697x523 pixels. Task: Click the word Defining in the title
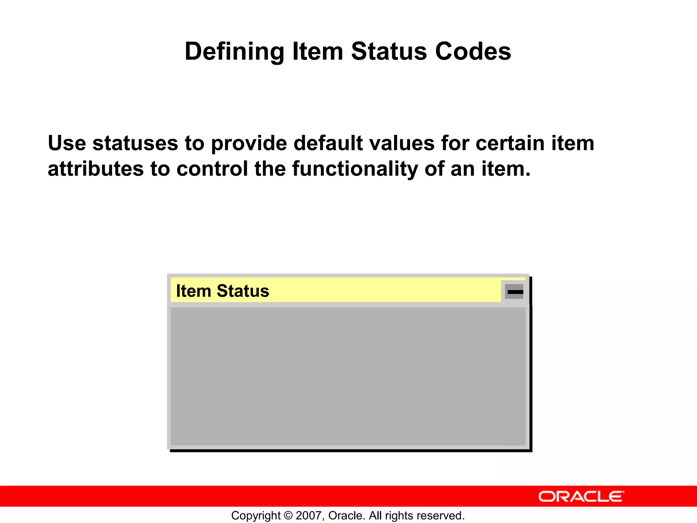click(234, 52)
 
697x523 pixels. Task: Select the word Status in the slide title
click(389, 52)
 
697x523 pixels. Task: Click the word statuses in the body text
click(135, 143)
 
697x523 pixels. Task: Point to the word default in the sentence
click(328, 143)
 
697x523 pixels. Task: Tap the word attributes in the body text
click(96, 169)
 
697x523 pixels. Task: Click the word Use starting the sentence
click(67, 143)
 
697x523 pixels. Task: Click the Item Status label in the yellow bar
click(223, 291)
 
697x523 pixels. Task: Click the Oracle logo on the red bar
click(581, 497)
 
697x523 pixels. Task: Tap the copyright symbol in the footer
click(288, 516)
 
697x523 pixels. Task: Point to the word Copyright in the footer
click(256, 516)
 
